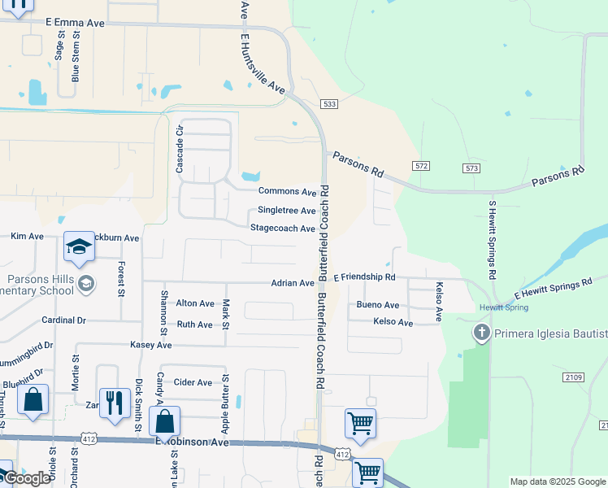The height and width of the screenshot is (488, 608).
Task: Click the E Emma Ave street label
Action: click(x=76, y=24)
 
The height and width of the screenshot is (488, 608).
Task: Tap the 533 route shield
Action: click(x=329, y=104)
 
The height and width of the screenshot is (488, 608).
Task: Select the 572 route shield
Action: click(x=420, y=166)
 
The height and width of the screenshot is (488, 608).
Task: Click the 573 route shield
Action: click(x=471, y=168)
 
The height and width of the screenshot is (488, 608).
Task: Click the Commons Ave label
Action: click(x=287, y=191)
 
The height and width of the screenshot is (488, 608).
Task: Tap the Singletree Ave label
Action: click(x=286, y=210)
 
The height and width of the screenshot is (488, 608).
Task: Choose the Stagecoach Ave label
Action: click(x=282, y=229)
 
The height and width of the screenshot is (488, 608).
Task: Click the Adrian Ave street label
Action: click(x=293, y=283)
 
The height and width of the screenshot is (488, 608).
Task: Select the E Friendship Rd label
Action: click(x=364, y=277)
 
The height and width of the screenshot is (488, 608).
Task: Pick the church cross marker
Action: click(x=481, y=333)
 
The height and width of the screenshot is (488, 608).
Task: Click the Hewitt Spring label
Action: click(x=503, y=307)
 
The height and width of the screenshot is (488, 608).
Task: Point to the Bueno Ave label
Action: click(x=378, y=305)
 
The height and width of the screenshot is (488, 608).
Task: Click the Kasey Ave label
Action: click(x=151, y=345)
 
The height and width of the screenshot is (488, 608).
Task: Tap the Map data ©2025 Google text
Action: click(x=558, y=481)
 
